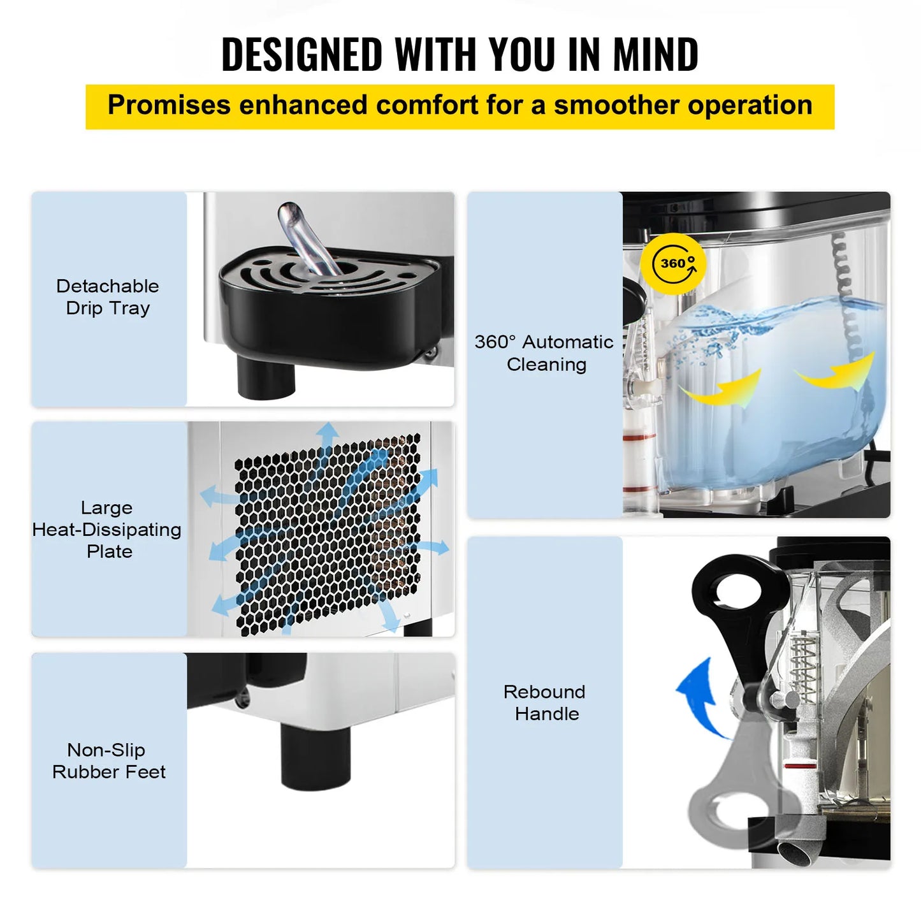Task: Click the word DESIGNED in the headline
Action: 301,54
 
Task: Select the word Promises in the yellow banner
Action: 169,105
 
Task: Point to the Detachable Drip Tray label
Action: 108,297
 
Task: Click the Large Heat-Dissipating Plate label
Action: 108,529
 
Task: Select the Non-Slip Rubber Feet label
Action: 108,760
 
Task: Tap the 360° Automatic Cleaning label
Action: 545,352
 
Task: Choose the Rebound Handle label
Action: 545,702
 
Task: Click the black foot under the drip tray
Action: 266,377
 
